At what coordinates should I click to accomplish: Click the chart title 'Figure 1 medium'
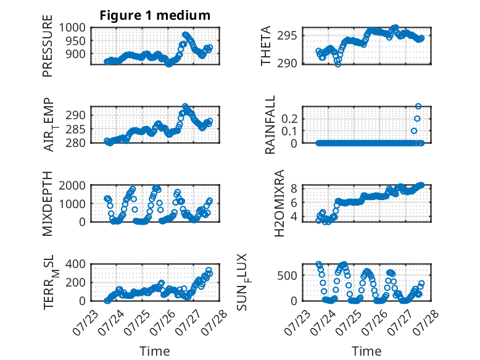point(155,15)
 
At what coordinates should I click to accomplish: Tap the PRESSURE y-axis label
point(48,46)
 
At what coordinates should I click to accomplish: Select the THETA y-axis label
point(266,46)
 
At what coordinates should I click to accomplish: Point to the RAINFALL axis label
point(270,125)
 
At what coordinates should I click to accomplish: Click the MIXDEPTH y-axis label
point(48,204)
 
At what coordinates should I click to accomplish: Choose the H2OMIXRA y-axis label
point(279,203)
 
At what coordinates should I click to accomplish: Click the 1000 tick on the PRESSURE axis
point(72,28)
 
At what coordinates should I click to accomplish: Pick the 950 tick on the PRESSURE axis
point(75,41)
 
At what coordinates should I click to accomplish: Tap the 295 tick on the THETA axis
point(287,36)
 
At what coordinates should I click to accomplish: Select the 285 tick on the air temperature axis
point(75,129)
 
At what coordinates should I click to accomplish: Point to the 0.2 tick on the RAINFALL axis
point(289,119)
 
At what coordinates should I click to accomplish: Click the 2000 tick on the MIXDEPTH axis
point(72,185)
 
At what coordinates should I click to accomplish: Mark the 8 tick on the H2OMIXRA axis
point(294,188)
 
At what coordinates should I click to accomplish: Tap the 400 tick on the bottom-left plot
point(75,264)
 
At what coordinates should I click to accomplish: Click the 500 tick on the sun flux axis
point(287,275)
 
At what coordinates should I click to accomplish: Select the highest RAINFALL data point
point(418,106)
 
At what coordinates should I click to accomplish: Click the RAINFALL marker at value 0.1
point(414,131)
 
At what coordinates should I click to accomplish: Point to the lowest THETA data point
point(337,64)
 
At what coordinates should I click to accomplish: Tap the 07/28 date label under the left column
point(216,320)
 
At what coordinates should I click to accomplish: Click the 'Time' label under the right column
point(366,351)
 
